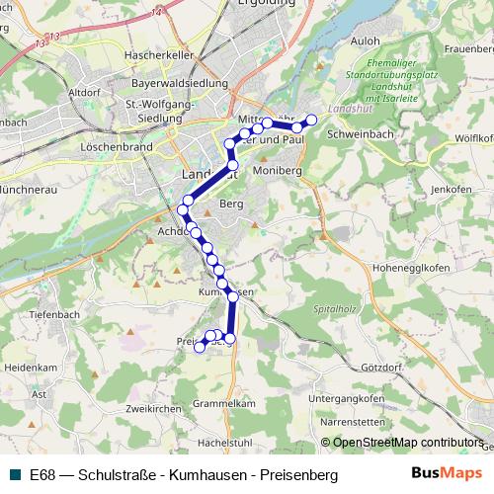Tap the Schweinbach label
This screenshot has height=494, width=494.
tap(362, 132)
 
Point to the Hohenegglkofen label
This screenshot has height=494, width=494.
tap(410, 268)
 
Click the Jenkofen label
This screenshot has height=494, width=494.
tap(452, 188)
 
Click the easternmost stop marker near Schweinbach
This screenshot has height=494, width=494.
tap(312, 120)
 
